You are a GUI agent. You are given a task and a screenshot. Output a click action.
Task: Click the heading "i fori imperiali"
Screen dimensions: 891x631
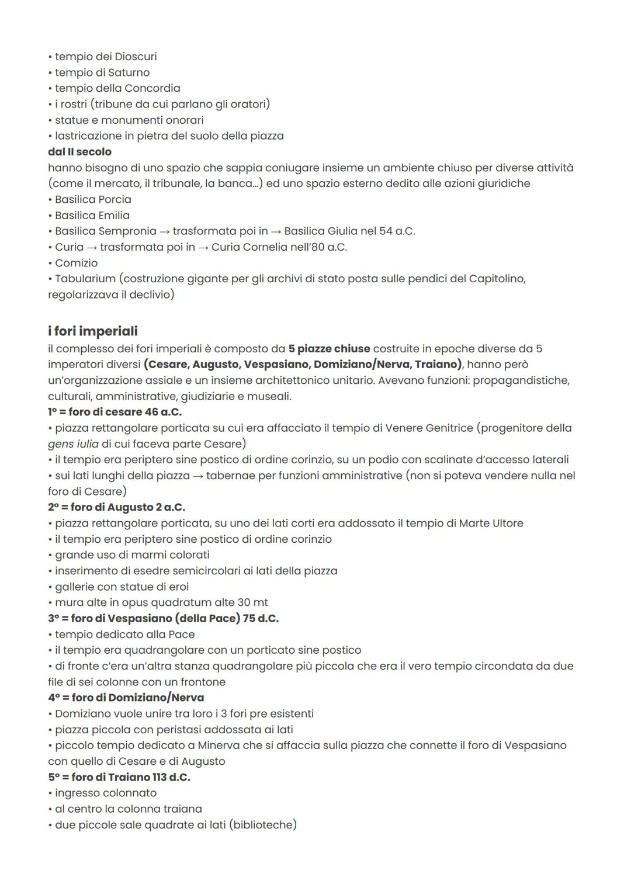(x=93, y=331)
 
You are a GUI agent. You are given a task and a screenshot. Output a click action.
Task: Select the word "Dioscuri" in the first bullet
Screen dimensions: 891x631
(x=136, y=57)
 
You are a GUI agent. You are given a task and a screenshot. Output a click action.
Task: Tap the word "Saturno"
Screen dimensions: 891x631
(x=129, y=72)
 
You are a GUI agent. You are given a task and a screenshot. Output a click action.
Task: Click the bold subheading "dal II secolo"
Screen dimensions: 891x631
(x=79, y=152)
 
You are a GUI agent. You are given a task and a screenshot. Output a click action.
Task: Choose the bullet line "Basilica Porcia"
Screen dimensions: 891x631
(x=93, y=199)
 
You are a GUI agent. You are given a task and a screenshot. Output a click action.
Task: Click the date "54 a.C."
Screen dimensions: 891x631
(x=397, y=231)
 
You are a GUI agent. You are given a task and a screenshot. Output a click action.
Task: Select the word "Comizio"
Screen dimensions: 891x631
(x=77, y=263)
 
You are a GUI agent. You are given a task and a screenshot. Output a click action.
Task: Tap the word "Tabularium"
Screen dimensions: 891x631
(x=85, y=279)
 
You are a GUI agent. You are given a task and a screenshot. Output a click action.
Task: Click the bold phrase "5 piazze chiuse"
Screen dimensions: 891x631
(x=329, y=349)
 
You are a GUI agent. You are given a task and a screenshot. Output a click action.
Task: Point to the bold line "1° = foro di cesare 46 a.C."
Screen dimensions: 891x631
(x=115, y=412)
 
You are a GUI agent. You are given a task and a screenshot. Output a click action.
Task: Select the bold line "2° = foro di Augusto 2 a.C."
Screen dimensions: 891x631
(x=117, y=507)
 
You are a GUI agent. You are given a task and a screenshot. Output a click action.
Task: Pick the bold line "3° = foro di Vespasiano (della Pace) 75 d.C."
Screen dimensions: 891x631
(x=164, y=618)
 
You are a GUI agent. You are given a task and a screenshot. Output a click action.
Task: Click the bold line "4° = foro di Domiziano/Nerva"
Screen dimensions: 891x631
(x=126, y=698)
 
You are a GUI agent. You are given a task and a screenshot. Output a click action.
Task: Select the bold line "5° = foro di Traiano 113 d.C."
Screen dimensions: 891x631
(x=119, y=777)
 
